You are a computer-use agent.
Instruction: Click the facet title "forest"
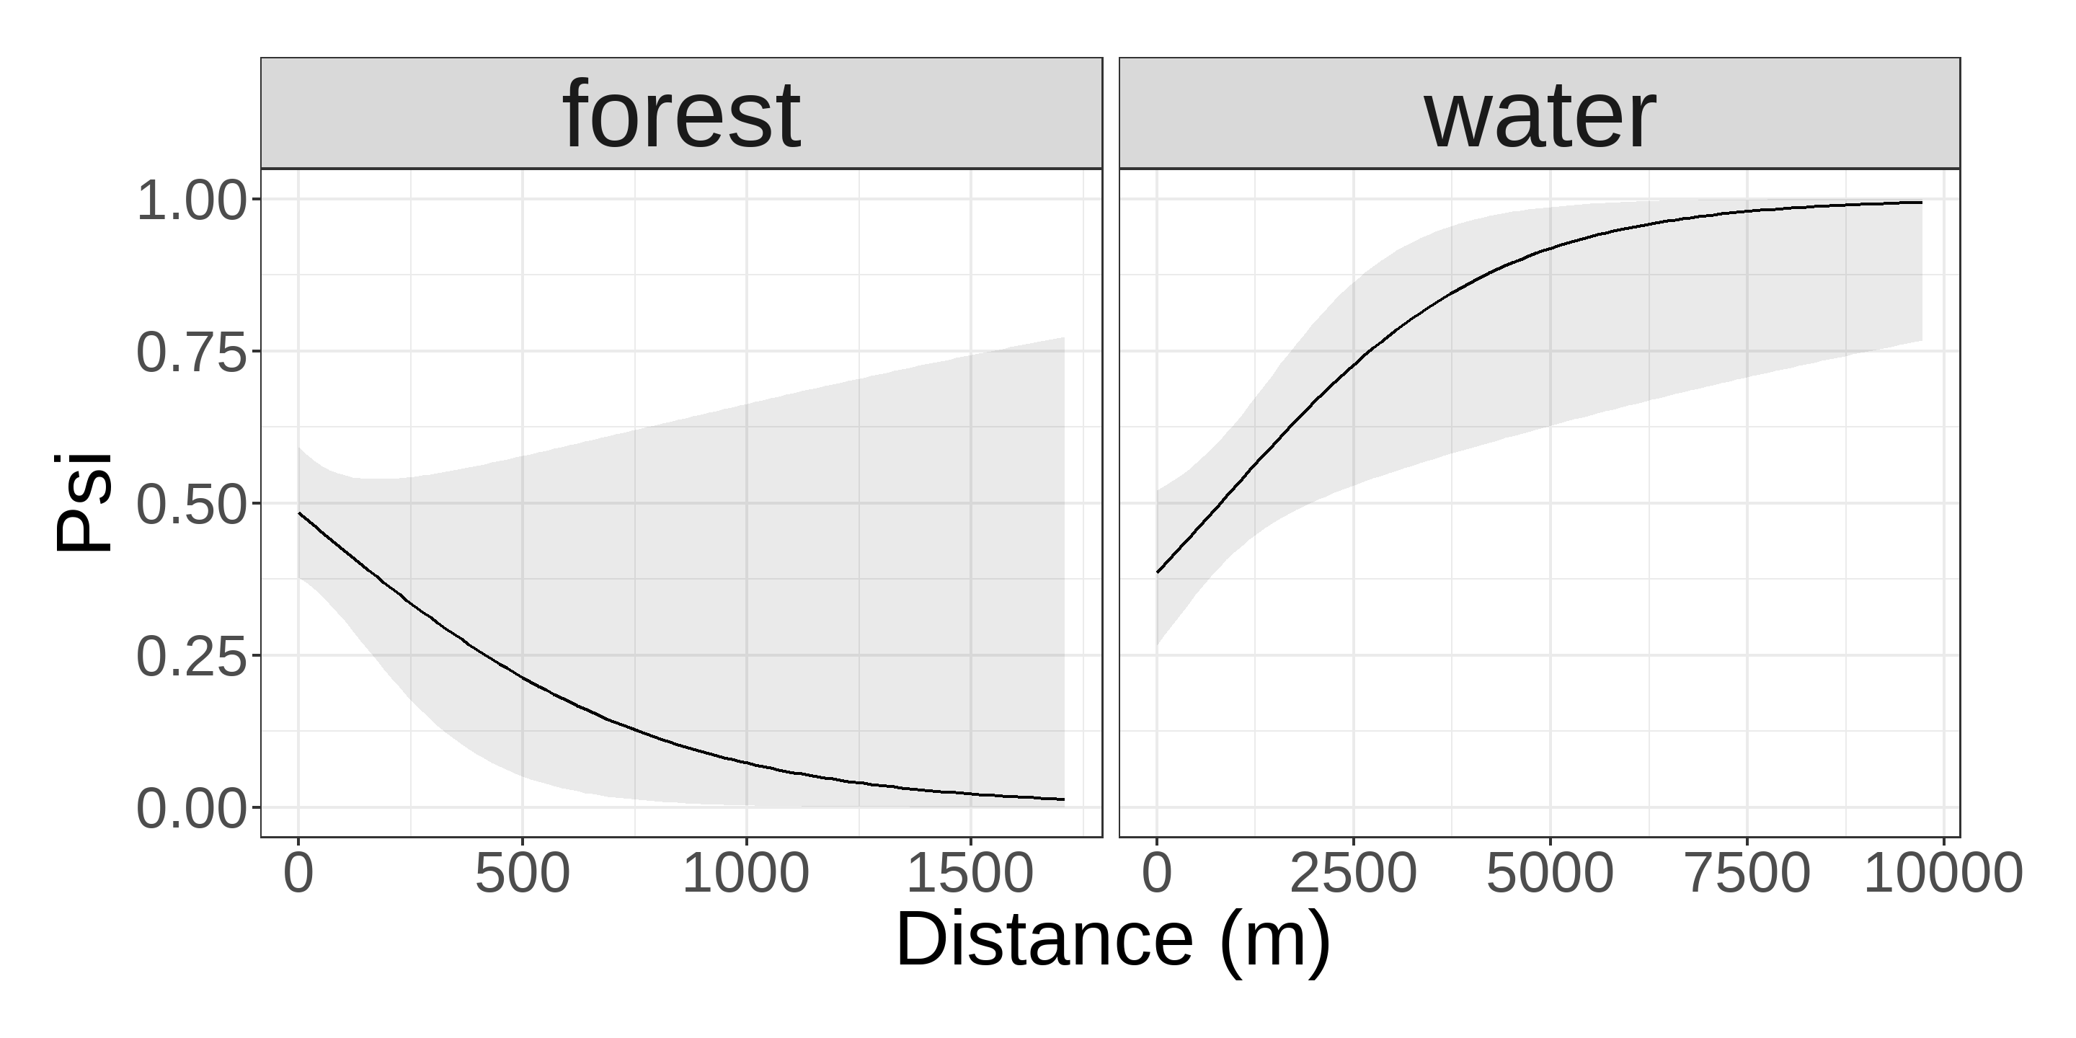pos(681,115)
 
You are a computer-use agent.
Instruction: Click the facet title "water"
pos(1539,115)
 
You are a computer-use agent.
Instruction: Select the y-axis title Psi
pos(82,504)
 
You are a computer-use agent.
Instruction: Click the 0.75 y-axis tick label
pos(191,352)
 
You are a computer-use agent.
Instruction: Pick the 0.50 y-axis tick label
pos(191,505)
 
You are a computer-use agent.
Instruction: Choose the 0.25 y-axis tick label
pos(191,656)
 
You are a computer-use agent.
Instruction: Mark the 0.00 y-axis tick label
pos(191,808)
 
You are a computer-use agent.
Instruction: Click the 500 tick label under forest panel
pos(522,873)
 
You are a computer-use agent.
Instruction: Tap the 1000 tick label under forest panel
pos(745,873)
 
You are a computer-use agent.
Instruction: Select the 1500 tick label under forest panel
pos(970,873)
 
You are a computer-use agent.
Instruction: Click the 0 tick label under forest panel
pos(298,873)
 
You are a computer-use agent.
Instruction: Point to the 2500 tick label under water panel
pos(1353,873)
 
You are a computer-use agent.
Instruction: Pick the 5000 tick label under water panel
pos(1549,873)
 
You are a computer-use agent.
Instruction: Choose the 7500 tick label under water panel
pos(1747,873)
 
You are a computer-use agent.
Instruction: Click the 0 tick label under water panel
pos(1157,873)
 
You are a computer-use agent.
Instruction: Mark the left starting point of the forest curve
pos(299,513)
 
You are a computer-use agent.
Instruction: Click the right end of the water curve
pos(1922,203)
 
